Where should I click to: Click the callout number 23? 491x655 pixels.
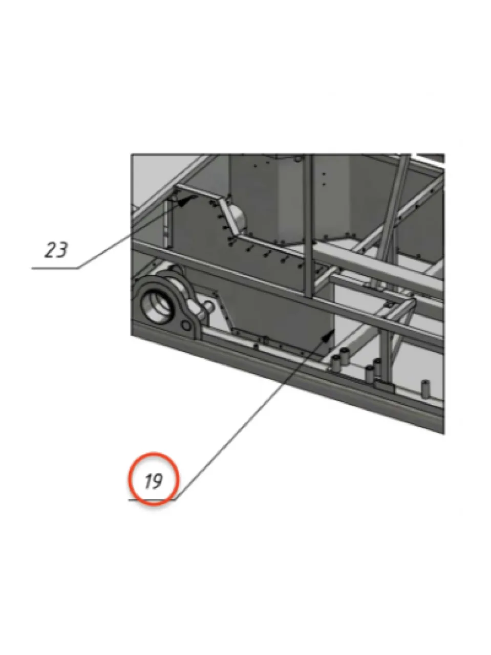[x=56, y=250]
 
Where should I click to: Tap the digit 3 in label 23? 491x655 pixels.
[x=62, y=250]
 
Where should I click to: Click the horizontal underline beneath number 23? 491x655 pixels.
[x=55, y=268]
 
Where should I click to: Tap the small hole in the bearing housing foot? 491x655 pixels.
[x=186, y=326]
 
